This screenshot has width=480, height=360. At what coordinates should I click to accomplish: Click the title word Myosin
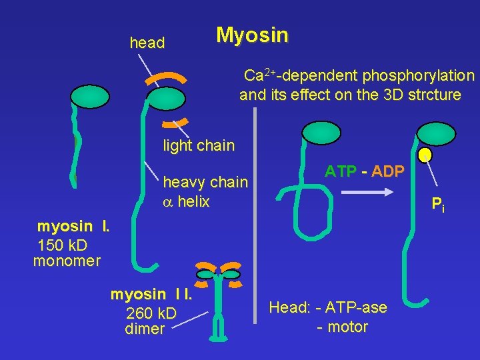click(252, 35)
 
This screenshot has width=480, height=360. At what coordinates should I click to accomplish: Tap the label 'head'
click(147, 43)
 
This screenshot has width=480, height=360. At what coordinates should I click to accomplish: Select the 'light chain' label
click(199, 145)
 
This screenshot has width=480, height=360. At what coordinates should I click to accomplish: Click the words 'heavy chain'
click(205, 182)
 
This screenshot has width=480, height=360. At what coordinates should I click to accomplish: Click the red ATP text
click(340, 171)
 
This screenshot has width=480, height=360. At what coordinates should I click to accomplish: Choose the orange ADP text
click(387, 171)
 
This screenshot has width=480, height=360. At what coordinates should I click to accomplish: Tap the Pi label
click(437, 205)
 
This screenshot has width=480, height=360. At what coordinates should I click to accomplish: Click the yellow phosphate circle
click(425, 155)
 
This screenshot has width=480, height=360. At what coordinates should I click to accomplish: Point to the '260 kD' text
click(151, 313)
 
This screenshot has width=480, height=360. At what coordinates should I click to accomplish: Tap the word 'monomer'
click(67, 261)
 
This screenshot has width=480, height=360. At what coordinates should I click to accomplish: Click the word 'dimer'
click(144, 329)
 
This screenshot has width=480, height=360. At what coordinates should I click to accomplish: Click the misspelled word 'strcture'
click(433, 95)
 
